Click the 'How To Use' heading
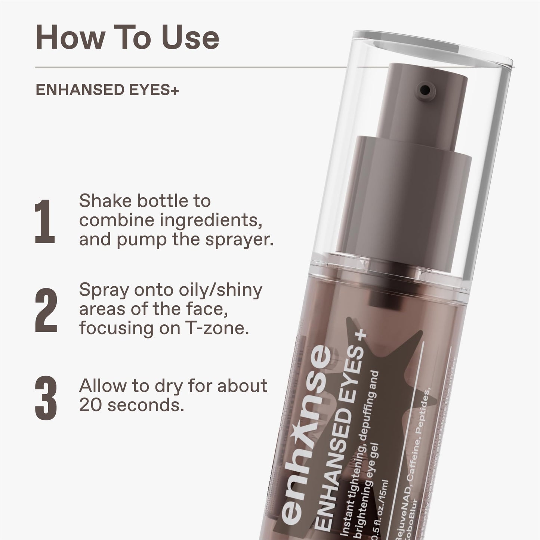pyautogui.click(x=127, y=38)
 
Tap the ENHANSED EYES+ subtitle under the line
pyautogui.click(x=107, y=91)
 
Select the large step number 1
pyautogui.click(x=45, y=221)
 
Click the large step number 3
pyautogui.click(x=46, y=399)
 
